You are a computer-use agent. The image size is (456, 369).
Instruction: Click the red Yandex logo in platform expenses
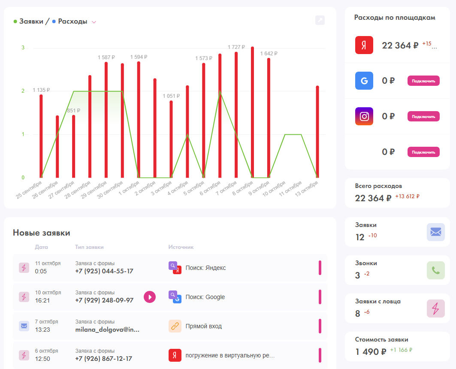tap(364, 45)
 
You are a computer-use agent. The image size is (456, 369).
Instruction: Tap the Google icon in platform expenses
tap(364, 81)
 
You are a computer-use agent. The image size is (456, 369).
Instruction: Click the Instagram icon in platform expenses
tap(364, 116)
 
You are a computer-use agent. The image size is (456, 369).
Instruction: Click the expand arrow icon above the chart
tap(320, 20)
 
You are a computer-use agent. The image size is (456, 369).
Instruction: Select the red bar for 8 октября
tap(252, 112)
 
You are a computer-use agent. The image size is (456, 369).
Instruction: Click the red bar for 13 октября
tap(317, 132)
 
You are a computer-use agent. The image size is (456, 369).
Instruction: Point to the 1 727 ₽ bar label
tap(236, 47)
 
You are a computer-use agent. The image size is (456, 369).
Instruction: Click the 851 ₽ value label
tap(73, 111)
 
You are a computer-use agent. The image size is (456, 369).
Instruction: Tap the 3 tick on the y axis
tap(23, 48)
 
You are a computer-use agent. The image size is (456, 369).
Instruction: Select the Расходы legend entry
tap(72, 21)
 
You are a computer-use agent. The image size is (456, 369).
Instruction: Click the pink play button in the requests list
tap(150, 296)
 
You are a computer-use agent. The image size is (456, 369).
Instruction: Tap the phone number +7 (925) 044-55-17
tap(104, 271)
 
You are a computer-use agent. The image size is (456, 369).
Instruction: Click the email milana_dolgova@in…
tap(107, 330)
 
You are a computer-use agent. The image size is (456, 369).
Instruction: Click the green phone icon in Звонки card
tap(435, 270)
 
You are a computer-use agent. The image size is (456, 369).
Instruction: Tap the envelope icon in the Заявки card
tap(435, 232)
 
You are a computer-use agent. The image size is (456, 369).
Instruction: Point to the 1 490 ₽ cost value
tap(371, 352)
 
